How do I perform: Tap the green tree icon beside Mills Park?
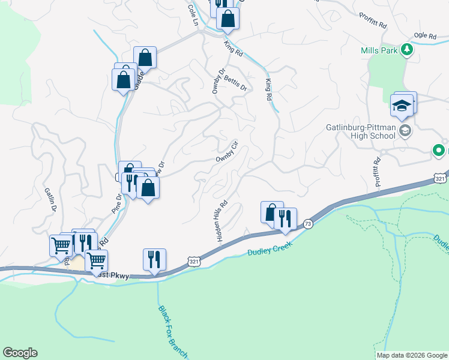point(408,49)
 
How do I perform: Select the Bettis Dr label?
point(235,83)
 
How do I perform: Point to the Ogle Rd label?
point(423,36)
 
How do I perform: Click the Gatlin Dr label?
point(49,199)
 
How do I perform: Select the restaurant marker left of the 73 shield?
point(285,217)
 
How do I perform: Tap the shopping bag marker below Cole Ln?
point(228,18)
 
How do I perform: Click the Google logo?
point(20,353)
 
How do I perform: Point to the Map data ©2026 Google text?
point(412,355)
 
